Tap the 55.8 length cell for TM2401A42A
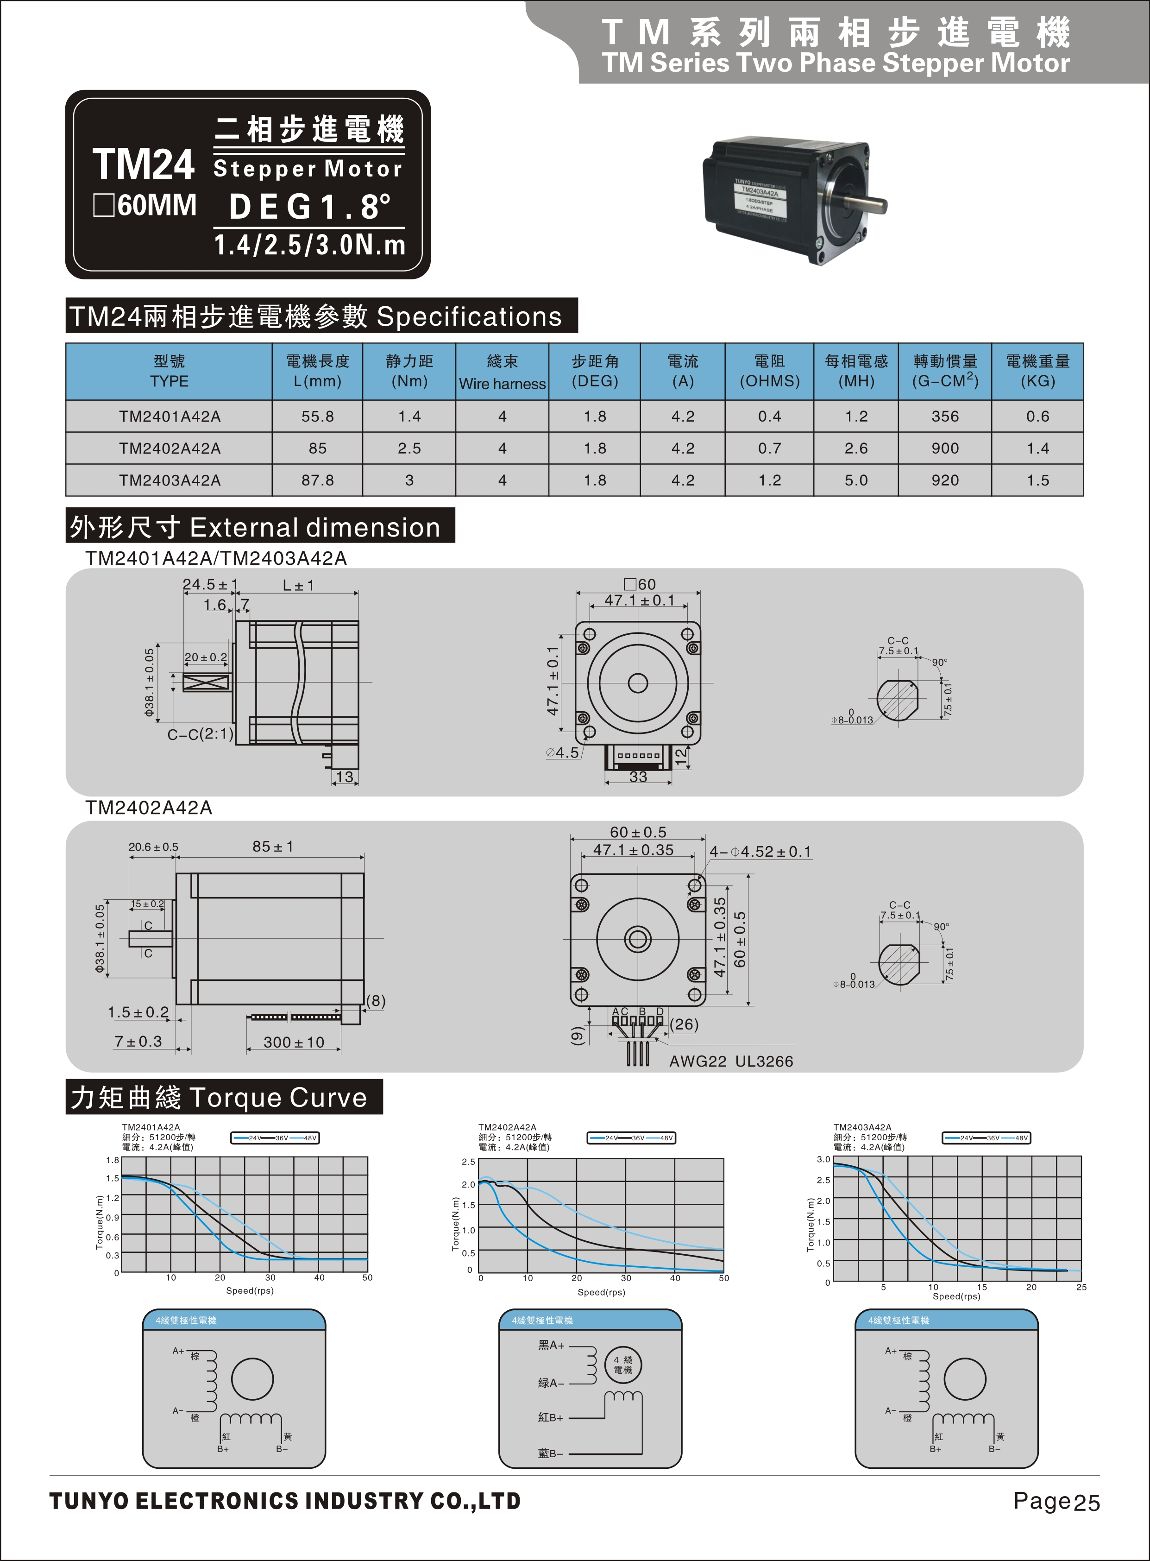click(317, 417)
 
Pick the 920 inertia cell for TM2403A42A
click(945, 480)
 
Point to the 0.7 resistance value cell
click(769, 449)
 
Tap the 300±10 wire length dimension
click(293, 1043)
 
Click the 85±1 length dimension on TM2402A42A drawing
click(273, 847)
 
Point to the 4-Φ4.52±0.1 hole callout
click(760, 852)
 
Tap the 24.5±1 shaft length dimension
click(210, 584)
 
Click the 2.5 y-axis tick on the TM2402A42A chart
click(468, 1162)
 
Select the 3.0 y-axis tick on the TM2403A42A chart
click(823, 1160)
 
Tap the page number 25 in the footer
click(1087, 1503)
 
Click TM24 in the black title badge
click(144, 165)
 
